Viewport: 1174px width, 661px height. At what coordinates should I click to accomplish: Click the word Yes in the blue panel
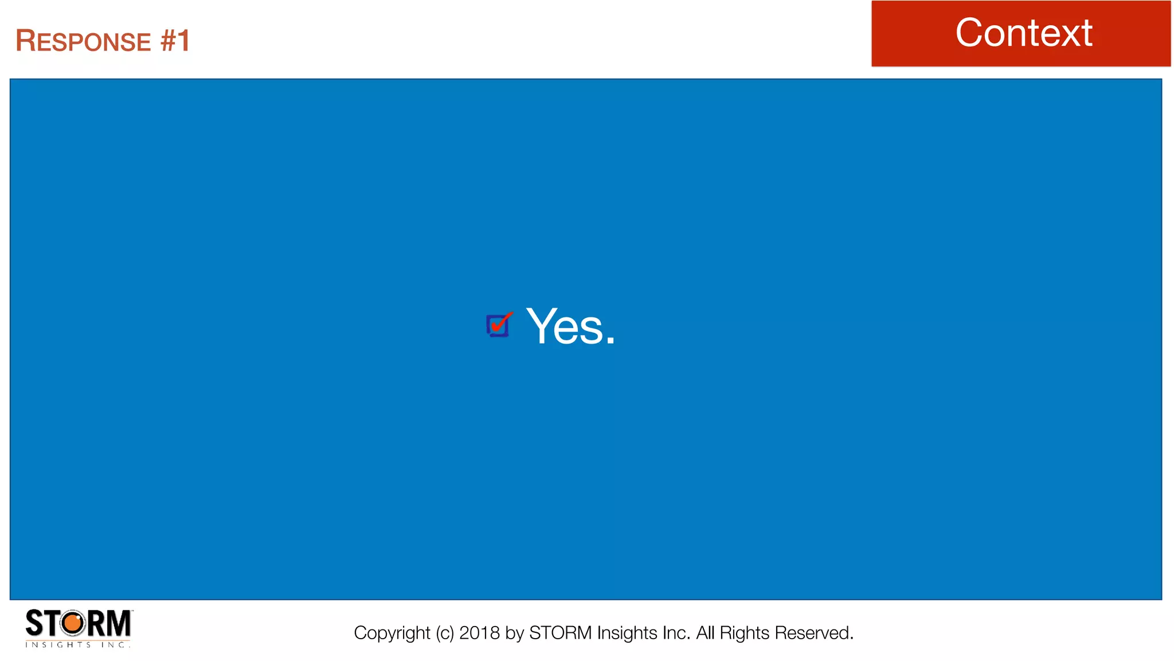[x=565, y=326]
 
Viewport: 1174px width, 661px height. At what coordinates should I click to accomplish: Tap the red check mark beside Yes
[x=500, y=323]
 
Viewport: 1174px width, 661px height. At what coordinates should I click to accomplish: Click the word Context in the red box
[x=1023, y=33]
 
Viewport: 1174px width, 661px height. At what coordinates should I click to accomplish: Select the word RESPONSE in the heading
[x=83, y=41]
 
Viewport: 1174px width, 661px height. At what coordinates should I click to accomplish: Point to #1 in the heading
[x=175, y=41]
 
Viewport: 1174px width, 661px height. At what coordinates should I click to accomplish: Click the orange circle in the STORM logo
[x=73, y=623]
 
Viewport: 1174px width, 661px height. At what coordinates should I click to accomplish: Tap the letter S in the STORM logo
[x=34, y=623]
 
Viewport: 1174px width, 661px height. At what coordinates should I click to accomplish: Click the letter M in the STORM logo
[x=119, y=623]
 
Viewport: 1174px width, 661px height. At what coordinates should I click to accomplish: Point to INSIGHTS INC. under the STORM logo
[x=78, y=645]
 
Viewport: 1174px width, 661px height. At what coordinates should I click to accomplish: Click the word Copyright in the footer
[x=392, y=633]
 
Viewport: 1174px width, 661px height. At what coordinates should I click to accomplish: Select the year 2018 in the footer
[x=479, y=633]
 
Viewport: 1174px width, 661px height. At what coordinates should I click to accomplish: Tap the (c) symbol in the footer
[x=444, y=633]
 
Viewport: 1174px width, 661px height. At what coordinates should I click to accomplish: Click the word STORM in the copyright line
[x=560, y=633]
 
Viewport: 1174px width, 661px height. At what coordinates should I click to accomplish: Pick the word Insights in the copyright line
[x=627, y=633]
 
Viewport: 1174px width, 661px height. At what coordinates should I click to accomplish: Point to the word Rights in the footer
[x=745, y=633]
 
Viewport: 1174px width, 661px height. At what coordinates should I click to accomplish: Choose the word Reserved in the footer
[x=813, y=633]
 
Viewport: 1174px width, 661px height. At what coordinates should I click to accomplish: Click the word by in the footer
[x=515, y=633]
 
